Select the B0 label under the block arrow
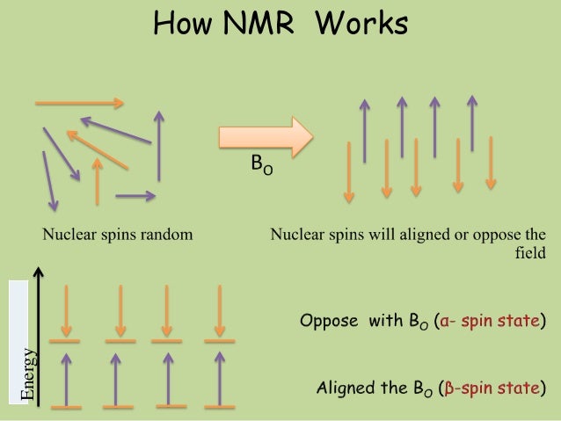click(261, 165)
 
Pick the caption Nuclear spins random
click(119, 235)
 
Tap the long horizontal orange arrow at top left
click(79, 103)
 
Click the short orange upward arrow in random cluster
click(98, 183)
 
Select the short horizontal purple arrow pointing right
click(135, 194)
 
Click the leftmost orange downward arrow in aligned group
click(349, 171)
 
